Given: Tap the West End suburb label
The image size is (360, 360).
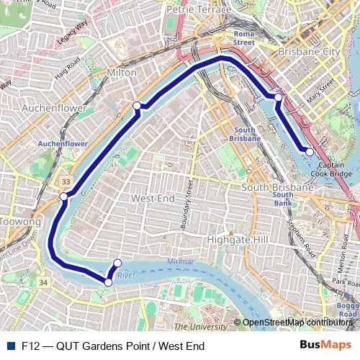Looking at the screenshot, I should (153, 197).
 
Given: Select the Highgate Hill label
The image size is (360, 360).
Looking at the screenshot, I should (237, 239).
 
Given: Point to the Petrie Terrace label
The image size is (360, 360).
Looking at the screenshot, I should (199, 10).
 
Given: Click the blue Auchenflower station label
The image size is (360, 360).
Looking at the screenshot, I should (63, 144).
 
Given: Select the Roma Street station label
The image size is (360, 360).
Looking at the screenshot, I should (244, 38).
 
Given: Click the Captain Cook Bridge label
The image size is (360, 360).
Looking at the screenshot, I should (331, 169).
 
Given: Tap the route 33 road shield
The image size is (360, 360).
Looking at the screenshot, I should (67, 181).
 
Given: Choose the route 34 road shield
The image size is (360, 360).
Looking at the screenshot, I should (42, 284).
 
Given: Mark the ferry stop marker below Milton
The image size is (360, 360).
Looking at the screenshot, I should (137, 107).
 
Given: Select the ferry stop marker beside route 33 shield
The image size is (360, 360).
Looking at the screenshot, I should (63, 197).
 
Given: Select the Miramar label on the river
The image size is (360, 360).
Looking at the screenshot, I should (180, 261).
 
